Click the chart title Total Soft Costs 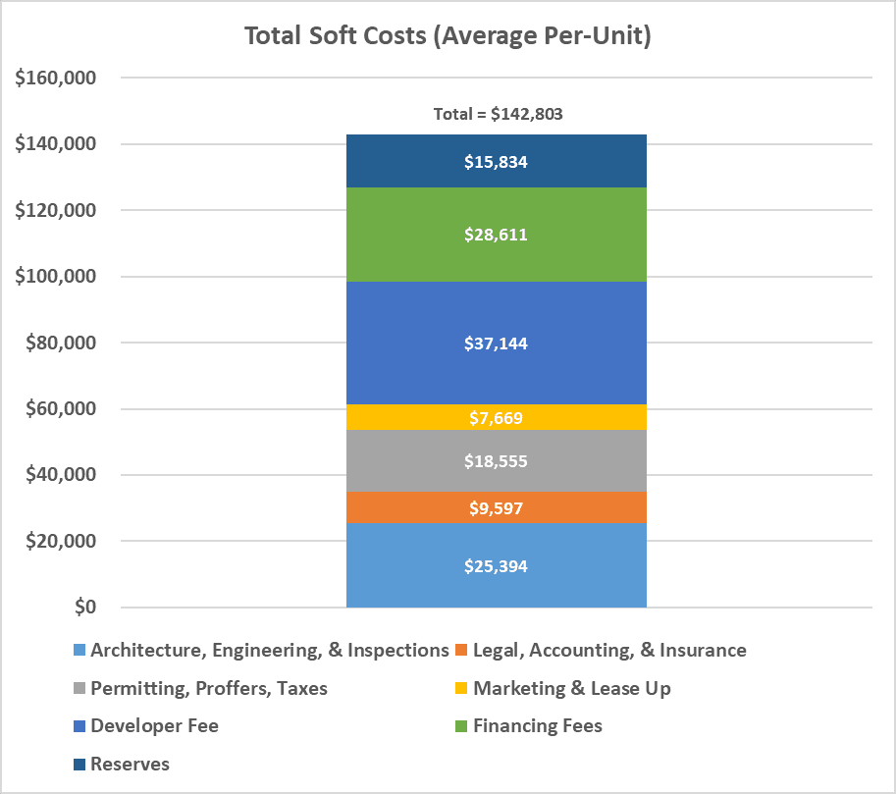click(448, 36)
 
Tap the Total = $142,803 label click(498, 114)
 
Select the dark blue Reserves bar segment click(496, 161)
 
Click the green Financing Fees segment click(496, 235)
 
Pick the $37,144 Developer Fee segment click(496, 343)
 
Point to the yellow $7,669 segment click(496, 417)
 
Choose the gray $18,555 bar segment click(496, 460)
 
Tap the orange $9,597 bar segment click(496, 507)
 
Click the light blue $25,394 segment click(496, 565)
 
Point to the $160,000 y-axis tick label click(55, 78)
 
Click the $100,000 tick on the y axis click(55, 276)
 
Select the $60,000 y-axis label click(61, 408)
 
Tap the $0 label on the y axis click(85, 607)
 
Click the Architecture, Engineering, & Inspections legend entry click(261, 651)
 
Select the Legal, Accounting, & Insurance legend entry click(601, 651)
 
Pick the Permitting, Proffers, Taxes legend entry click(200, 688)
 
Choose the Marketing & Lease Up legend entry click(563, 688)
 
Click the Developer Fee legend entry click(145, 726)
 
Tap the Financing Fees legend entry click(529, 726)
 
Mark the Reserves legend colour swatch click(79, 765)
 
